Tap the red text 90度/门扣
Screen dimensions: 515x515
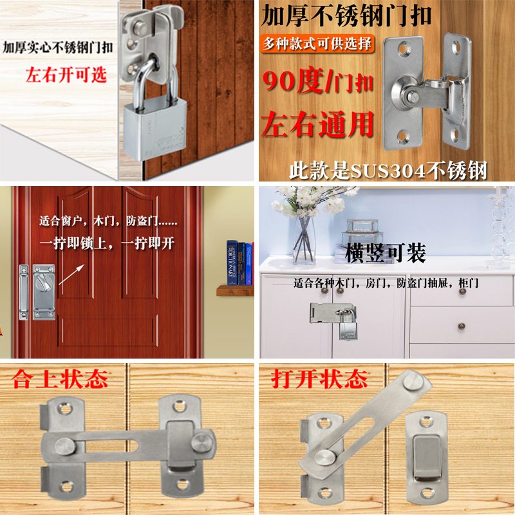(x=319, y=82)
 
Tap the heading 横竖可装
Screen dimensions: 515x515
(x=386, y=253)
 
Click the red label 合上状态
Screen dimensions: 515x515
(x=60, y=379)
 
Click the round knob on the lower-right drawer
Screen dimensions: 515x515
(x=462, y=326)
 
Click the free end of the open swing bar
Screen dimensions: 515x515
(x=409, y=382)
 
